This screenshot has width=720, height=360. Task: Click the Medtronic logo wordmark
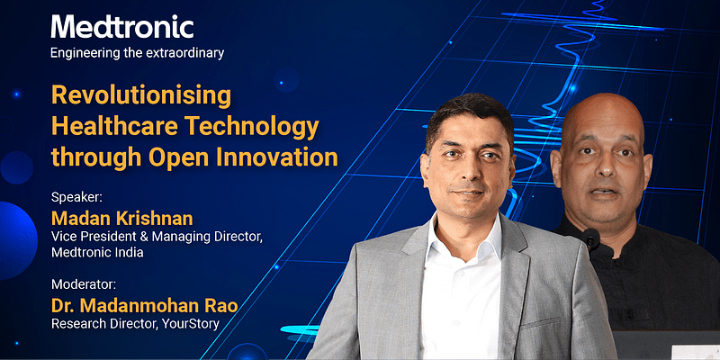pos(122,26)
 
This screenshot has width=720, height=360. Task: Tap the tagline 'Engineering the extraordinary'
pos(138,52)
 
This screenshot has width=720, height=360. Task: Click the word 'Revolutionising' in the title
pos(141,95)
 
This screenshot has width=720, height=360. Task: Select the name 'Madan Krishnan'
pos(122,220)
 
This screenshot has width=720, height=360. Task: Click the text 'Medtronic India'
pos(97,253)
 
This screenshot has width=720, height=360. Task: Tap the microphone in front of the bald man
pos(590,239)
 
